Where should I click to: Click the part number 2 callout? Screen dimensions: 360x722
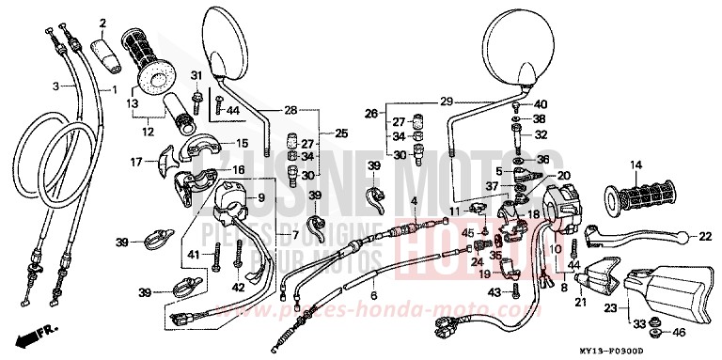[x=103, y=23]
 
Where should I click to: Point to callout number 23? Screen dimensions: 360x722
[x=610, y=306]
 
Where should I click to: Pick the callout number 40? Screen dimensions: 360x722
[x=541, y=103]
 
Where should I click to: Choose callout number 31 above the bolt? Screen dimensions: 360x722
[x=196, y=75]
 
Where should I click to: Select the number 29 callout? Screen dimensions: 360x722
[x=446, y=101]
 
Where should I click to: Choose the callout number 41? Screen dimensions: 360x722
[x=193, y=256]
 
